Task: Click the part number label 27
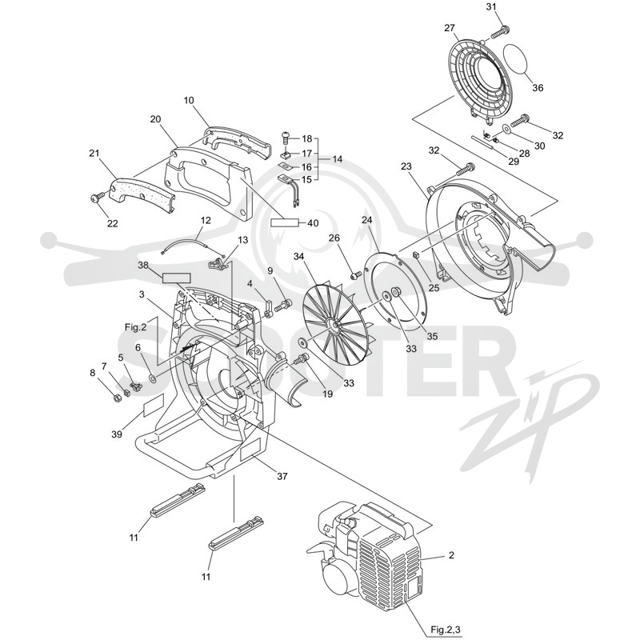click(449, 28)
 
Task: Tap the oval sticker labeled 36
click(516, 58)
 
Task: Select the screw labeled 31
click(500, 32)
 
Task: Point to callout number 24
click(366, 220)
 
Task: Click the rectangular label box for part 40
click(285, 223)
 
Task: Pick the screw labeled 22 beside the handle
click(98, 199)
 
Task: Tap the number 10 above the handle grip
click(189, 101)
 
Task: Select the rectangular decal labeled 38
click(176, 278)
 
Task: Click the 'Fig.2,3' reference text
click(446, 628)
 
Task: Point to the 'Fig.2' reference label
click(135, 327)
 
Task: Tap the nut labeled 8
click(115, 397)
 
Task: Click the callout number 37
click(282, 476)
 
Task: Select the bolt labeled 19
click(302, 359)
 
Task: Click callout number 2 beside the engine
click(451, 555)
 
